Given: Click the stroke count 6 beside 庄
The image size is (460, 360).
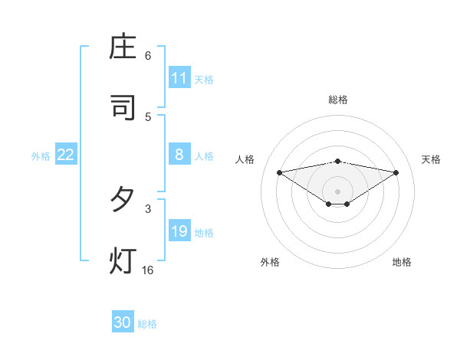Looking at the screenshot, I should pos(148,56).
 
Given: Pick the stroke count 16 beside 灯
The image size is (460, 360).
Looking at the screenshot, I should pos(148,270).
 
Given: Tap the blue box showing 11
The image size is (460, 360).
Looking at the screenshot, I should pos(179,78).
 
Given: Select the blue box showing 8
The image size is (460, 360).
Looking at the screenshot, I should pos(179,155).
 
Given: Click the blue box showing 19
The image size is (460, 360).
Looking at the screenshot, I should pos(179,231).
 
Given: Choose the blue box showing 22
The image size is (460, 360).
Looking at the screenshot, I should pos(66,155).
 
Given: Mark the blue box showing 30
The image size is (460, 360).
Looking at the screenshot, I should pos(123,322).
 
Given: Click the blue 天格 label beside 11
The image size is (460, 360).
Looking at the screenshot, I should pos(204,80).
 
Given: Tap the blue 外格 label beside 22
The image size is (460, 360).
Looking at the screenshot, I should pos(41,156).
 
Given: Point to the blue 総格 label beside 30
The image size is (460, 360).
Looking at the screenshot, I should pos(147,324).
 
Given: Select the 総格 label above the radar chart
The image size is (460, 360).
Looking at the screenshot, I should pos(338,100).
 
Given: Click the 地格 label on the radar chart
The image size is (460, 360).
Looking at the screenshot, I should pos(402,262).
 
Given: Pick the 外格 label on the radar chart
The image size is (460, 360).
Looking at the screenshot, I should pos(270,262).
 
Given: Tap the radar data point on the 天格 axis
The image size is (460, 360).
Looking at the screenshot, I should pos(396,172).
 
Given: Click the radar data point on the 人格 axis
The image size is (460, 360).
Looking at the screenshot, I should pos(279,172).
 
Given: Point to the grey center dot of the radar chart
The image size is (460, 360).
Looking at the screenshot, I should pos(338,191).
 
